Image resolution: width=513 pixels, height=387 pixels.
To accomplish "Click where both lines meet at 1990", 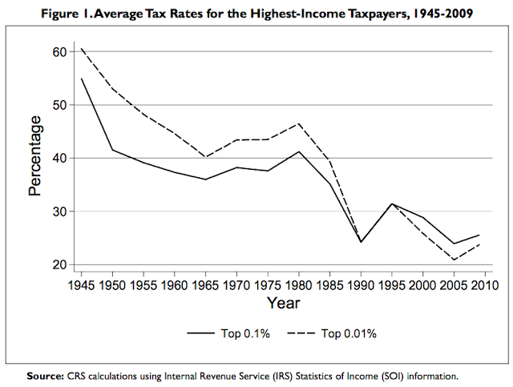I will pyautogui.click(x=362, y=241).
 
